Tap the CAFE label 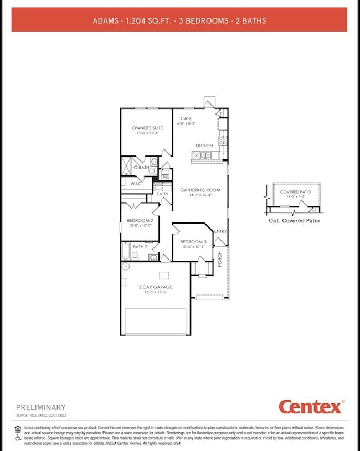click(186, 118)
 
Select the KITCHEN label click(203, 146)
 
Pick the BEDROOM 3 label click(193, 242)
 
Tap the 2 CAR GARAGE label click(155, 287)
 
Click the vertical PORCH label click(220, 260)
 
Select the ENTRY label click(220, 231)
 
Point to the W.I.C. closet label click(137, 184)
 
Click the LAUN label click(163, 194)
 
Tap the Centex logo click(310, 407)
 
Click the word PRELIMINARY click(40, 407)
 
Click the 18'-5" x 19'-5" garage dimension click(155, 292)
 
